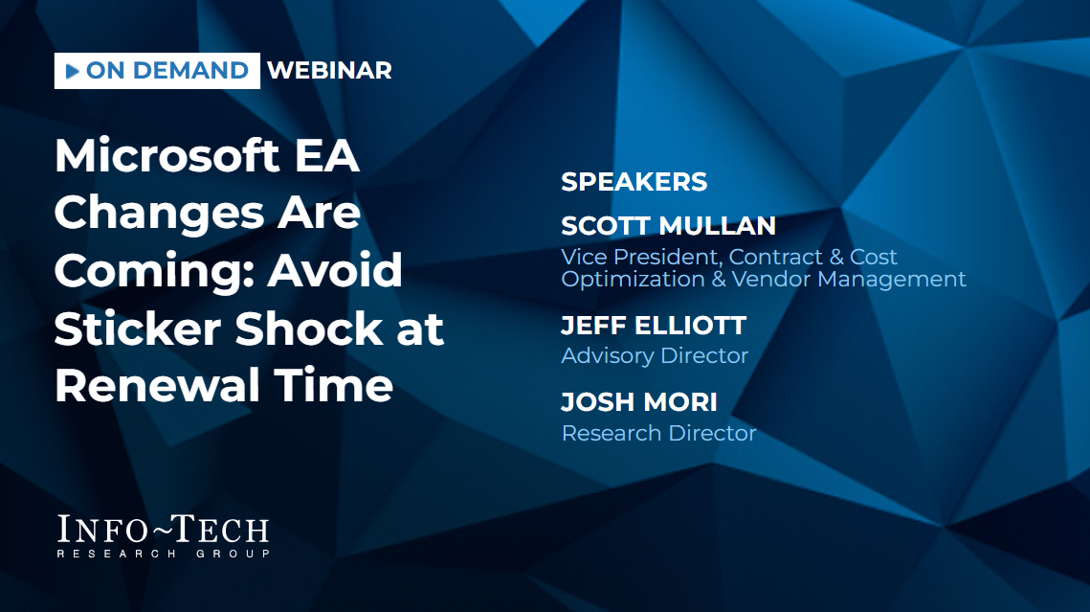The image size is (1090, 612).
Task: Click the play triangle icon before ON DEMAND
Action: (x=73, y=71)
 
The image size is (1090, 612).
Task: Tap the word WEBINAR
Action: (x=329, y=70)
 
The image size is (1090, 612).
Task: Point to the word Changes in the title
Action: (x=159, y=213)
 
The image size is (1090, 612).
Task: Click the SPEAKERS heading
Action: (x=634, y=182)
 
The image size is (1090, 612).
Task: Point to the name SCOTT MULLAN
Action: (x=668, y=225)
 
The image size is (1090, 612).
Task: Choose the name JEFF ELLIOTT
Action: (x=654, y=325)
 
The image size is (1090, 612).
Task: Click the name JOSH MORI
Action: (x=639, y=401)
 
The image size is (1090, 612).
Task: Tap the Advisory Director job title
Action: (x=655, y=355)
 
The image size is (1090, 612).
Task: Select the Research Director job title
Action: (x=658, y=433)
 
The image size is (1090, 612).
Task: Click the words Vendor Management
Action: (x=849, y=279)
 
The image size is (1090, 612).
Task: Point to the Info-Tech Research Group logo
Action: (x=163, y=535)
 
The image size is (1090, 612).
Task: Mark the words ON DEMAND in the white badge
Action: (x=167, y=70)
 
